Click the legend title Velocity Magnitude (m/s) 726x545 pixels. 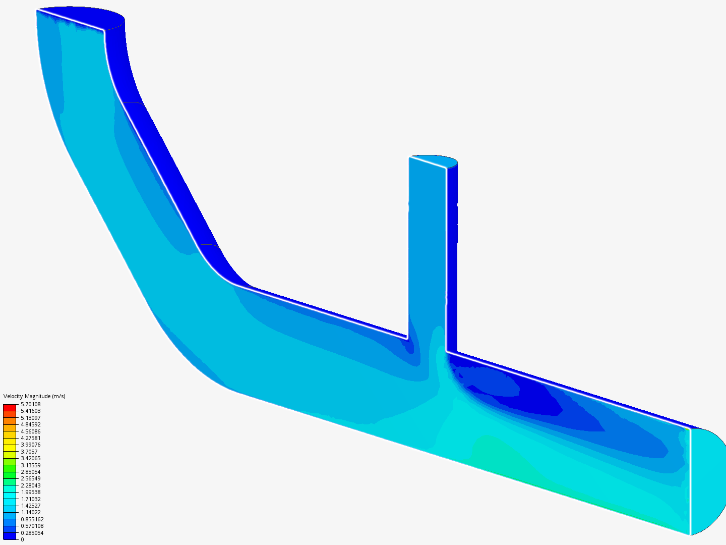(34, 396)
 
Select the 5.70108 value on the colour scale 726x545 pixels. (30, 404)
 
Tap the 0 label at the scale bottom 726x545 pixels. (22, 539)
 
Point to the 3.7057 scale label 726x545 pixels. (29, 452)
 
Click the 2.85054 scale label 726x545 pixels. (30, 472)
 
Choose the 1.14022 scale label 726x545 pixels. (30, 512)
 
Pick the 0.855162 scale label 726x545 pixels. (32, 519)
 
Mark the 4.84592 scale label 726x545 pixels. (30, 424)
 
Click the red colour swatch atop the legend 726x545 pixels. (10, 407)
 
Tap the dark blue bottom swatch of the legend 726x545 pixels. (10, 536)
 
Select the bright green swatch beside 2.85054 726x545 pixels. (10, 474)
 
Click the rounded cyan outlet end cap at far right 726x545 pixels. (706, 479)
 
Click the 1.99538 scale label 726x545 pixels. (30, 492)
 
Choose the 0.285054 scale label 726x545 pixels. (32, 533)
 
